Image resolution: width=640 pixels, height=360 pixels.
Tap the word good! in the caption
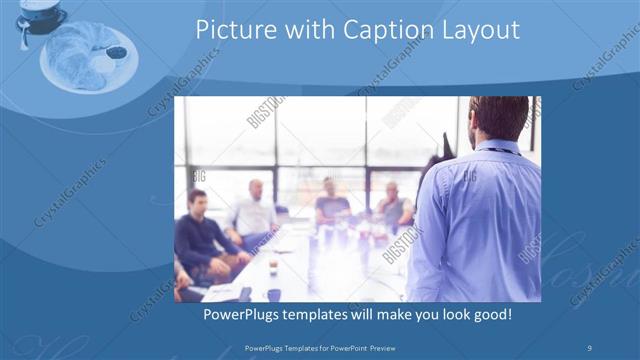[490, 314]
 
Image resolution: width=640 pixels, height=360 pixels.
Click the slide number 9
[591, 346]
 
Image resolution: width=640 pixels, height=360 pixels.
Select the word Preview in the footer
[395, 346]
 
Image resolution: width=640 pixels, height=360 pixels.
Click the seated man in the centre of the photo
[331, 205]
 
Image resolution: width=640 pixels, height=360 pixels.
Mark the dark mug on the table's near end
[273, 294]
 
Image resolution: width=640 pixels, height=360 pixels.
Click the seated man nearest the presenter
[393, 208]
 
